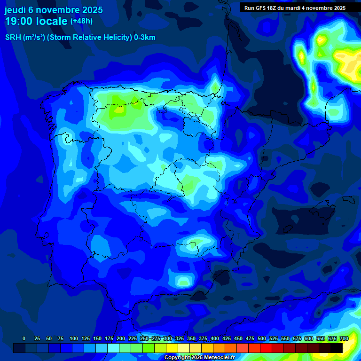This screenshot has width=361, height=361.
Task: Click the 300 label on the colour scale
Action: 168,338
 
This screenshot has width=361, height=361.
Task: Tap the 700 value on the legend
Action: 344,338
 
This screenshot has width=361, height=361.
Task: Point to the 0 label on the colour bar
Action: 24,338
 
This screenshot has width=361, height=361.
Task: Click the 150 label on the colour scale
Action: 97,338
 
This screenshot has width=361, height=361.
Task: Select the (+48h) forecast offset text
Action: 81,21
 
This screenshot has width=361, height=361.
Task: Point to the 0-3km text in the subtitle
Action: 144,38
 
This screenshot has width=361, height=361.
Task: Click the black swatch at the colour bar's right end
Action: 337,348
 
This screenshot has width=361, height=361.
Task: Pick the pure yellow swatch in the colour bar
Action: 172,348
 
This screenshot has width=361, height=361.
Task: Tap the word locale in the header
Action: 52,21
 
